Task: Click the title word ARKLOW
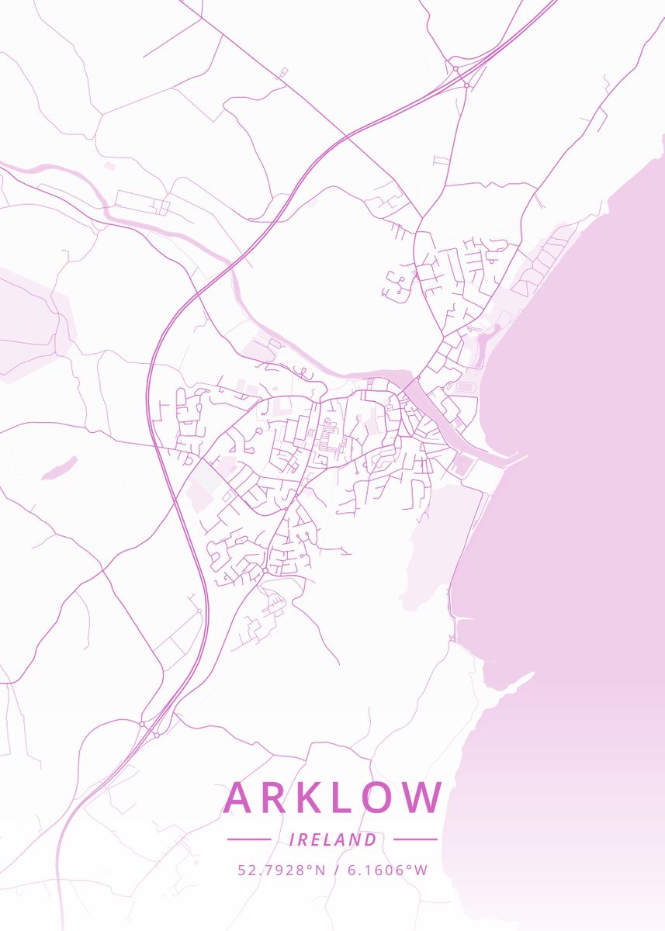coord(333,798)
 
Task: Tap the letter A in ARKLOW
coord(239,798)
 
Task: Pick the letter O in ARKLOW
coord(379,798)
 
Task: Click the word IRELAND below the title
coord(332,839)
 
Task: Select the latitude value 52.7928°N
coord(282,870)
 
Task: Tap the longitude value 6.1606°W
coord(387,870)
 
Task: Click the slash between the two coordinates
coord(335,870)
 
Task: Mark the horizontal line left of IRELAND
coord(248,839)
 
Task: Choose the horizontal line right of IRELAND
coord(415,839)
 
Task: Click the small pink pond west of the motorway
coord(60,468)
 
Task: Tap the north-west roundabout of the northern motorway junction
coord(455,70)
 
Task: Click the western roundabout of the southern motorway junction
coord(142,724)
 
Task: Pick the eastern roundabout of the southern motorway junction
coord(156,734)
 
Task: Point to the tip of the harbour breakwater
coord(525,456)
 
